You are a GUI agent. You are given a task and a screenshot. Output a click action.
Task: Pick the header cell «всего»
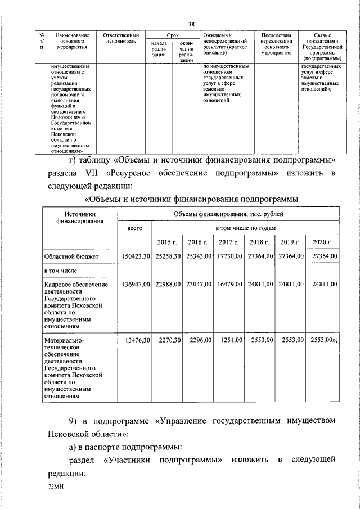click(134, 228)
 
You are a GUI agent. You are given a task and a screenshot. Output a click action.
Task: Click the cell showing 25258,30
click(166, 256)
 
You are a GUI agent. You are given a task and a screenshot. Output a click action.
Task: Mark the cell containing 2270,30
click(166, 340)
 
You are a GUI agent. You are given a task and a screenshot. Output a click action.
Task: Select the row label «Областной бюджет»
click(72, 256)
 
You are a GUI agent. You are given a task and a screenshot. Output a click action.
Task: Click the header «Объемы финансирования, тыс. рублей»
click(228, 214)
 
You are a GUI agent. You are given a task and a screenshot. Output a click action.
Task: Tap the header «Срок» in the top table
click(172, 35)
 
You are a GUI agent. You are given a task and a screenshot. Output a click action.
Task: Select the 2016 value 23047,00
click(197, 285)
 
